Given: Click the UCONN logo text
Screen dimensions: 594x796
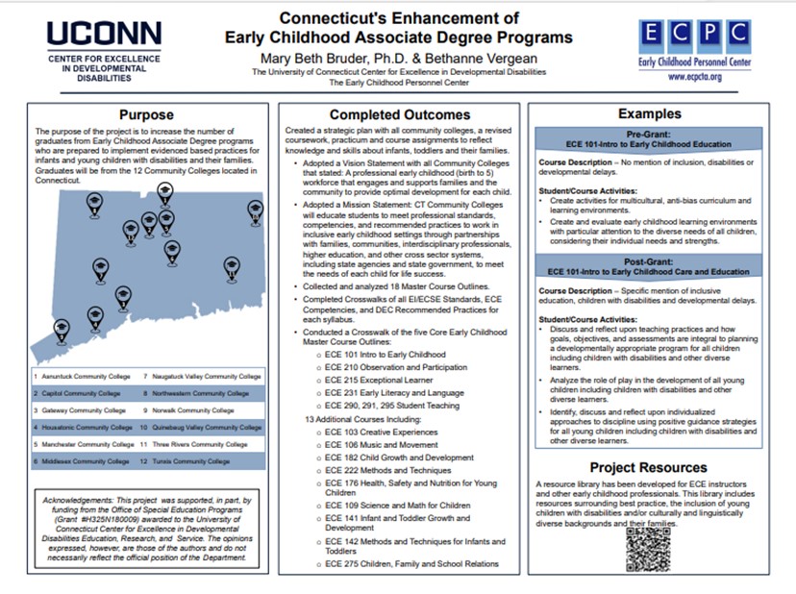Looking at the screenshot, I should click(x=92, y=35).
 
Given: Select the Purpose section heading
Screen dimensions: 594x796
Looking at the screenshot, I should click(x=147, y=115).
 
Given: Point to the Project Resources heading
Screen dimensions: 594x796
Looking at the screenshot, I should click(x=650, y=468).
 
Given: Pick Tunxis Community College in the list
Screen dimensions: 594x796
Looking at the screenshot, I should click(x=200, y=461).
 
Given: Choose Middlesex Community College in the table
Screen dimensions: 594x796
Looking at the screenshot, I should click(x=85, y=461).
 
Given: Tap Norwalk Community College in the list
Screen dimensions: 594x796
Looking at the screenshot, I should click(x=198, y=410).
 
